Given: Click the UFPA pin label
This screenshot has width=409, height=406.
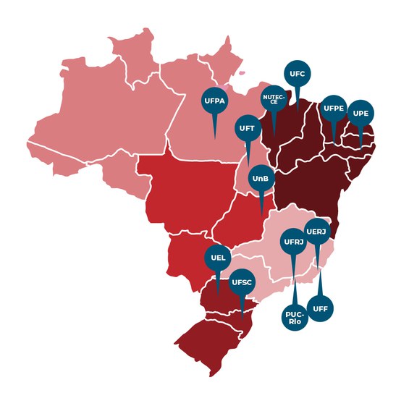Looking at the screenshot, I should (x=214, y=101).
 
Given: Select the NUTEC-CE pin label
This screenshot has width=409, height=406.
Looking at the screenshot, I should (x=274, y=100).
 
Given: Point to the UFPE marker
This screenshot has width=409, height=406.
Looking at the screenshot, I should (x=334, y=109).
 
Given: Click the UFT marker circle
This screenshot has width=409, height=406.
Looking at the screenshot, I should (x=247, y=128).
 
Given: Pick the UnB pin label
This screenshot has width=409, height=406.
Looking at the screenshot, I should (x=261, y=178).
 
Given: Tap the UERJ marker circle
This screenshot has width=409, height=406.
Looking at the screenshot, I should (x=317, y=232).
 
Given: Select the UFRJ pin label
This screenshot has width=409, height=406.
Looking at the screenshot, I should (x=293, y=241).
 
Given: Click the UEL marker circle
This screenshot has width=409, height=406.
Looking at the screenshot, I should (x=219, y=258).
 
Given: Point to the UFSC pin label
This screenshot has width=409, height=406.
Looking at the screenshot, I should (x=241, y=282).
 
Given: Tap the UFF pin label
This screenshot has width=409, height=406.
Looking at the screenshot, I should (x=321, y=309).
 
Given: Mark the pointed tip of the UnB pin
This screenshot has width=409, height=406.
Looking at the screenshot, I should (x=261, y=215).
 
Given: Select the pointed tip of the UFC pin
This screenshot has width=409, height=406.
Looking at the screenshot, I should (x=296, y=109).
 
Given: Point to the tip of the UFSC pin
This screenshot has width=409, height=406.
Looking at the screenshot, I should (x=242, y=319).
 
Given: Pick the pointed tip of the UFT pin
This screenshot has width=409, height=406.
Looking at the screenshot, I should (x=248, y=165).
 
